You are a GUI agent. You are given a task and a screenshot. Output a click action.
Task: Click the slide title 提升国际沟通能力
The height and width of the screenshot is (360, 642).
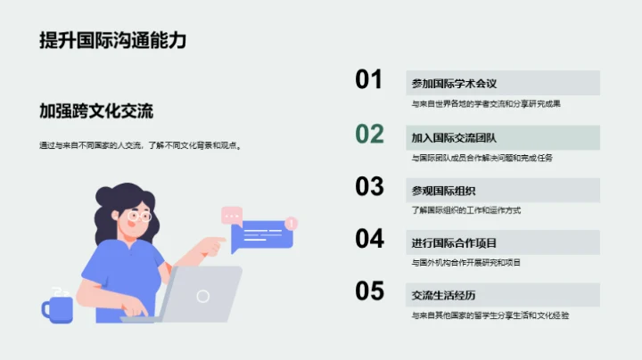(113, 40)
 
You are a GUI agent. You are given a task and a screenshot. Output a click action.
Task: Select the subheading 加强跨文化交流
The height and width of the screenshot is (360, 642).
(96, 111)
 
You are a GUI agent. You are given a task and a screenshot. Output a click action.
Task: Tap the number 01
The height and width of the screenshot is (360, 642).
(369, 80)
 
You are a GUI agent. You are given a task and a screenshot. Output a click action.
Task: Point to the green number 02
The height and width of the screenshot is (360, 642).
(369, 134)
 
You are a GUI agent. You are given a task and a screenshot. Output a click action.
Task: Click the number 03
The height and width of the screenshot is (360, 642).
(369, 186)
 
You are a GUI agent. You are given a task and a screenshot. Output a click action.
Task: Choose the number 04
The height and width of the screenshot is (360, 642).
(369, 239)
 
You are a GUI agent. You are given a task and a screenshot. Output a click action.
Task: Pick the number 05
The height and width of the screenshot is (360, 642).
(369, 291)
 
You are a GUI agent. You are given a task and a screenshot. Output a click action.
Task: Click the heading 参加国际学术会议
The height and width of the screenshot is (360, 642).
(454, 84)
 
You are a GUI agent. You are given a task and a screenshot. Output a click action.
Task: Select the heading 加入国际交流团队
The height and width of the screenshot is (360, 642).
(454, 137)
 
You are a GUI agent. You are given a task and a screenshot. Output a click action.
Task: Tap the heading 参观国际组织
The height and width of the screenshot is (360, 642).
(443, 190)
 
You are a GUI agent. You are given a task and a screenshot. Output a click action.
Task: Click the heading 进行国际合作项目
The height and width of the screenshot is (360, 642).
(454, 242)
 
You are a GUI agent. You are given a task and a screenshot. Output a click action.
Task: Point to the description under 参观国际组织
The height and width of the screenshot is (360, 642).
(466, 210)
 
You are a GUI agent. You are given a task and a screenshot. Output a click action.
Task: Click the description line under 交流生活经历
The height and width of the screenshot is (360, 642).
(490, 315)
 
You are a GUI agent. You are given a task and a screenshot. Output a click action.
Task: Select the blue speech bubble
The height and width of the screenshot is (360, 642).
(261, 236)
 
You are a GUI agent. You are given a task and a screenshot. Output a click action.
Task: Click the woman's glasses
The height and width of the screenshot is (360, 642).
(139, 216)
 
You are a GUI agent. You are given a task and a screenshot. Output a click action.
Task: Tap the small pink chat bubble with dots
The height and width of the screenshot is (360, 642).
(232, 215)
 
